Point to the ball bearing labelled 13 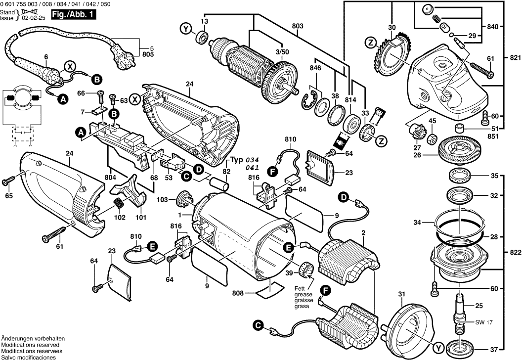(201, 36)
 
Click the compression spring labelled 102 (119, 203)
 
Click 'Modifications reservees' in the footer (30, 351)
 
